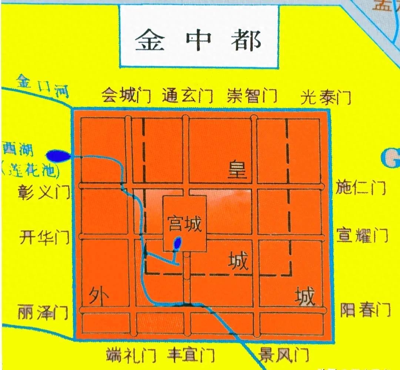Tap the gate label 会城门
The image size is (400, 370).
[126, 96]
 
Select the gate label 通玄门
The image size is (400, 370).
[187, 96]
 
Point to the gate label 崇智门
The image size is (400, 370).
[252, 96]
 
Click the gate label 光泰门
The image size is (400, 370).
[326, 97]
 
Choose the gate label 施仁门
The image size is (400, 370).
[361, 188]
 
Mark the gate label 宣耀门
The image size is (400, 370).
[362, 235]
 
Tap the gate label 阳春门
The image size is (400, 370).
[365, 309]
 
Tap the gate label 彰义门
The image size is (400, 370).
[44, 192]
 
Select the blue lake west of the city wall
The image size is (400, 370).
[59, 156]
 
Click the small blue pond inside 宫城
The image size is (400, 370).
[178, 243]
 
